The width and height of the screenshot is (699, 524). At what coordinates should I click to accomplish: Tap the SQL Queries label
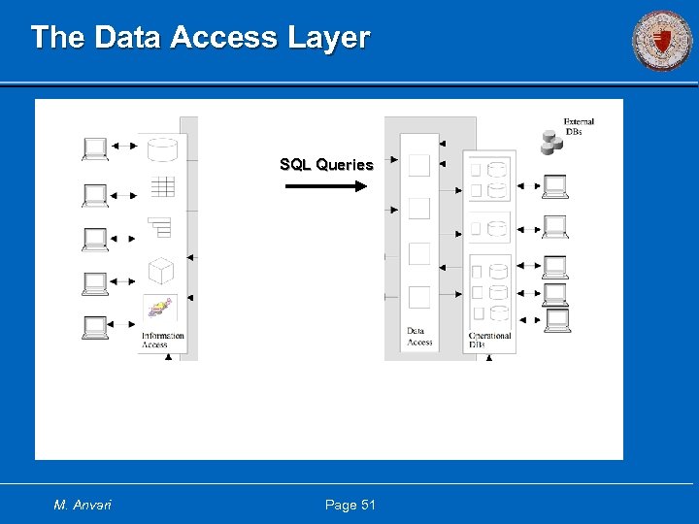(x=326, y=165)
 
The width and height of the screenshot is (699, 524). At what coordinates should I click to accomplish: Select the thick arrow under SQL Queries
(x=326, y=185)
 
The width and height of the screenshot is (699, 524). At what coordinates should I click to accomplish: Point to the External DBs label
(x=579, y=126)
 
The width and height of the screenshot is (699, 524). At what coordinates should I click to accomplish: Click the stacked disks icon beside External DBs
(x=552, y=143)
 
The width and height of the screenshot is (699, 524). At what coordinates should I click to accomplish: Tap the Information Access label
(x=162, y=341)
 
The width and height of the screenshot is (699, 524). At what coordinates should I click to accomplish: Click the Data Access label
(x=419, y=337)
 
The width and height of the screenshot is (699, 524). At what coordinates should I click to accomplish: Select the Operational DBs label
(x=489, y=341)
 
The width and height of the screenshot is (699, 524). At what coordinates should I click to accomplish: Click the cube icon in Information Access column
(x=161, y=270)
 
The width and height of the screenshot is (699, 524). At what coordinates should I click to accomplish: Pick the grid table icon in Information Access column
(x=162, y=186)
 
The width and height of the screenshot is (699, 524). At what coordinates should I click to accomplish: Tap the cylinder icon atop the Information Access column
(x=162, y=148)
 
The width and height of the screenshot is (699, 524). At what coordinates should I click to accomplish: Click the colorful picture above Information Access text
(x=160, y=310)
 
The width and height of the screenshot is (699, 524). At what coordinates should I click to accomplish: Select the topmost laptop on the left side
(x=95, y=147)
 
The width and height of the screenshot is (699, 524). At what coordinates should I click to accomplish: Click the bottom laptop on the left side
(x=95, y=327)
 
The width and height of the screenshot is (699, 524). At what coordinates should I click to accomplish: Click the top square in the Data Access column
(x=419, y=165)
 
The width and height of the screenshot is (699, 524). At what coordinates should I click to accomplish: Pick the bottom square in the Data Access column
(x=419, y=297)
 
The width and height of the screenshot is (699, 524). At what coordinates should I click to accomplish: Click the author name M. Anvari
(x=83, y=505)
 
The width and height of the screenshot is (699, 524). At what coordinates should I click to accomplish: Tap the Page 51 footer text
(x=349, y=505)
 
